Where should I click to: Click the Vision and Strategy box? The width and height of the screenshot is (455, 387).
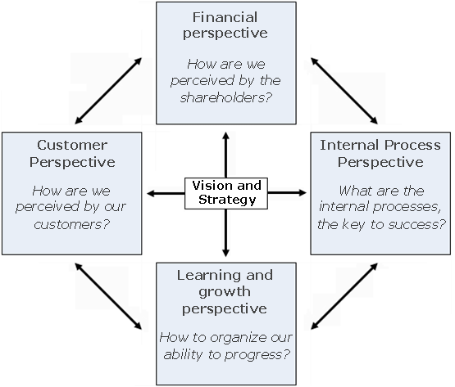point(226,193)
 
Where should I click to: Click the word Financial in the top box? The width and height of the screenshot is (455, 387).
point(225,17)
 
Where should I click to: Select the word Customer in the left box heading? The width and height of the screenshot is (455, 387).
point(72,145)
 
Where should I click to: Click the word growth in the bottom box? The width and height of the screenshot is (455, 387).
point(225,292)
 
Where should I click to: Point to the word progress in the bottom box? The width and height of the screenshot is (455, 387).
point(253,355)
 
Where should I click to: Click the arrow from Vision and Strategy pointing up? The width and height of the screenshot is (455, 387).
point(226,155)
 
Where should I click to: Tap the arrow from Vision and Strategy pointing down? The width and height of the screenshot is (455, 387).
point(226,233)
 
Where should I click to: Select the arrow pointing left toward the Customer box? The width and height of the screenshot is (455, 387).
point(166,193)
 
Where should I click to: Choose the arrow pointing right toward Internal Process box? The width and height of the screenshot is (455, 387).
point(287,192)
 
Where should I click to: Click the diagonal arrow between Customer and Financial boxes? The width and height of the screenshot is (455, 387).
point(108,91)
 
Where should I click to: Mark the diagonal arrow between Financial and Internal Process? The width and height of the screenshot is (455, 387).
point(344,91)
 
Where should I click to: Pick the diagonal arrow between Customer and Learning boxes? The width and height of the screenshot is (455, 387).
point(108,296)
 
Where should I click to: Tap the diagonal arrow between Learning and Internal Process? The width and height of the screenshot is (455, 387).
point(344,296)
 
